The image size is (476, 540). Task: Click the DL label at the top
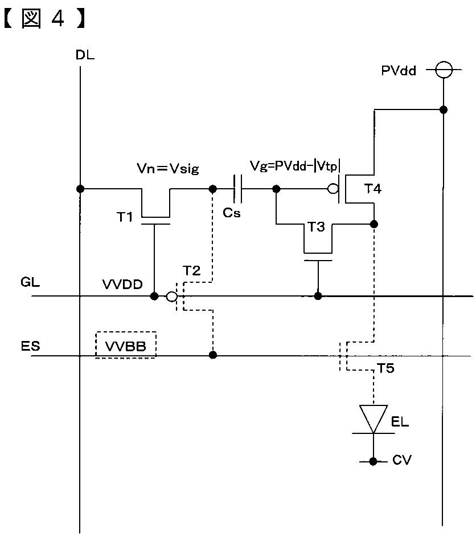[85, 55]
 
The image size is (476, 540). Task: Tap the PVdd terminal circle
[444, 70]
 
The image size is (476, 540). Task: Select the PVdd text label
[399, 71]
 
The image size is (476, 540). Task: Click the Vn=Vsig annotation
[168, 169]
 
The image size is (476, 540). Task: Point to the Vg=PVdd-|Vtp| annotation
[295, 167]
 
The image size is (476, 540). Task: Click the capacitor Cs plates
[237, 189]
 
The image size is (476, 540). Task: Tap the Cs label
[232, 213]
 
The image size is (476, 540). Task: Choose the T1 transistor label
[125, 217]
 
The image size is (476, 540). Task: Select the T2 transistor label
[191, 271]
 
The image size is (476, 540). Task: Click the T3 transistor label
[316, 227]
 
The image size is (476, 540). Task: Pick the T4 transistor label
[373, 189]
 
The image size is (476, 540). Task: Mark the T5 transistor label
[386, 368]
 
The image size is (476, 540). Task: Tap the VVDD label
[122, 285]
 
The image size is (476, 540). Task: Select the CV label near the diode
[402, 460]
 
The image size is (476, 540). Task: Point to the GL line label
[30, 282]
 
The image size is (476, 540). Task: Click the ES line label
[30, 346]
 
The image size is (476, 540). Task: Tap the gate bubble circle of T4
[333, 189]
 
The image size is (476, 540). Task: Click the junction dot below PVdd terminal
[444, 110]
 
